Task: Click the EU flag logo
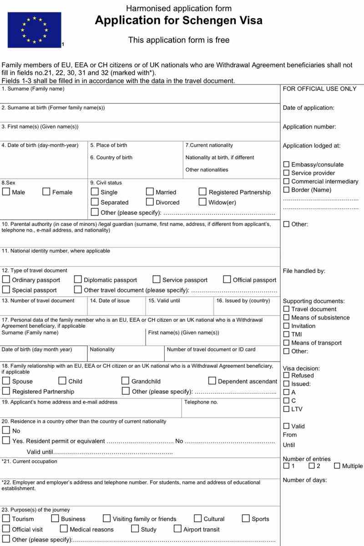point(34,30)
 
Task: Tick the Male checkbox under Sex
point(6,192)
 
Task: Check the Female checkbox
point(46,192)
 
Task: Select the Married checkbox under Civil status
point(150,192)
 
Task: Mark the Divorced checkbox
point(150,202)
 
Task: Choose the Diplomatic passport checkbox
point(78,279)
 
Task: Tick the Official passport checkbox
point(227,279)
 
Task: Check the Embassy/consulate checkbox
point(286,165)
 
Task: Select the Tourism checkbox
point(6,518)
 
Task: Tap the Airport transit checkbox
point(177,529)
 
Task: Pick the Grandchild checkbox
point(125,381)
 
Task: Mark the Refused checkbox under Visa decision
point(286,375)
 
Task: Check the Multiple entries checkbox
point(337,466)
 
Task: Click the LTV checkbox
point(286,409)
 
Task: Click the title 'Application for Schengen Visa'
point(178,21)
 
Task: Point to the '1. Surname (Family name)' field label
point(33,89)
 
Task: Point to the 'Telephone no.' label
point(201,402)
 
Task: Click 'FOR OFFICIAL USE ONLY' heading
point(319,89)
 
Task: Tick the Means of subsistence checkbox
point(286,317)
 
